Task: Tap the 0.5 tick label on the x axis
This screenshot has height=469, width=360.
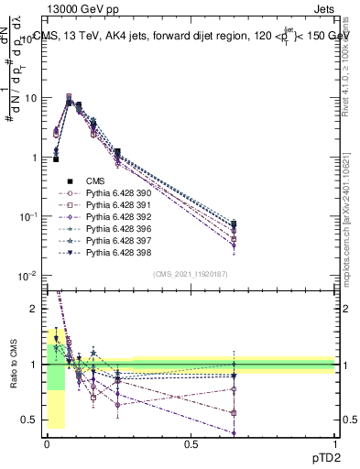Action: [x=191, y=444]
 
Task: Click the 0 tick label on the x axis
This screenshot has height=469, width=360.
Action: [x=47, y=444]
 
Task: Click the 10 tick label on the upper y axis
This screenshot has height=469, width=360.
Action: [x=29, y=98]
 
